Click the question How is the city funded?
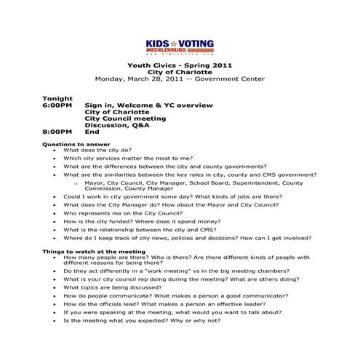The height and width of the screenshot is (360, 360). pyautogui.click(x=138, y=221)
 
